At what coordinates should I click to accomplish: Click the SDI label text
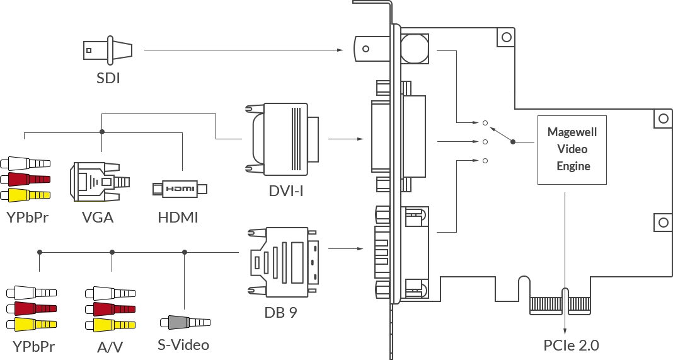(x=108, y=78)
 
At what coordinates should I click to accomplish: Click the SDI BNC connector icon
(x=108, y=50)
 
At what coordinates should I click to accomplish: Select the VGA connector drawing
(x=100, y=182)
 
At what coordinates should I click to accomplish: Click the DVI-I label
(x=286, y=191)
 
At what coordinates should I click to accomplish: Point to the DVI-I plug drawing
(x=282, y=139)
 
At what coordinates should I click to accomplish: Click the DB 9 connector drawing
(x=284, y=262)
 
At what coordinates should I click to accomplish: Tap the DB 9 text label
(x=280, y=312)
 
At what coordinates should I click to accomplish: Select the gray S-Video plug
(x=185, y=322)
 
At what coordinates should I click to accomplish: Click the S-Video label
(x=183, y=345)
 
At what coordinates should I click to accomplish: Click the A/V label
(x=110, y=347)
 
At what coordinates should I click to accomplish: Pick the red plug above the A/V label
(x=110, y=309)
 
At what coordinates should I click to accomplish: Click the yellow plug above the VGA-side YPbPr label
(x=25, y=195)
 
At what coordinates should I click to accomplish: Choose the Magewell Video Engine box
(x=572, y=150)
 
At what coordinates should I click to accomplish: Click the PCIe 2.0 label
(x=571, y=345)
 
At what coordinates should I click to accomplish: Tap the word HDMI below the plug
(x=178, y=218)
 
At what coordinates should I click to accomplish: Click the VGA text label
(x=98, y=218)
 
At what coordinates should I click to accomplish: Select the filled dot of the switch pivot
(x=513, y=142)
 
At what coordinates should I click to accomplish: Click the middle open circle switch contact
(x=485, y=142)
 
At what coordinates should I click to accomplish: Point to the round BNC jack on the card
(x=415, y=49)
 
